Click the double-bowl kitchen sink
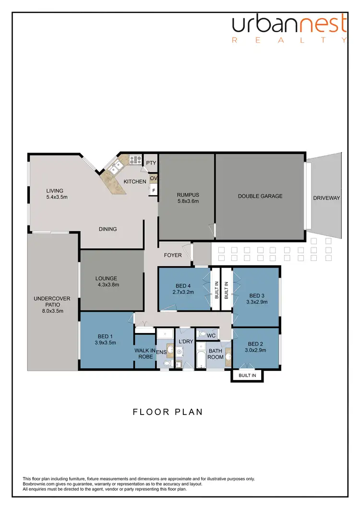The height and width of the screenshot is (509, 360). (115, 168)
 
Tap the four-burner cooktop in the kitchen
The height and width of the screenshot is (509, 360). (134, 159)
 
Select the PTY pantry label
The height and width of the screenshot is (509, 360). (151, 163)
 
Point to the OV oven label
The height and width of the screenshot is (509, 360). (154, 178)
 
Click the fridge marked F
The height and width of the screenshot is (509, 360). (154, 190)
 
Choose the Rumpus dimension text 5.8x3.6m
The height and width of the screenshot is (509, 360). (188, 201)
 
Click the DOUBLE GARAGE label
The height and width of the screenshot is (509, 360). (260, 196)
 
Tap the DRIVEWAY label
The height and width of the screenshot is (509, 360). (326, 198)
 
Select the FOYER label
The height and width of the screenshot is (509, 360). (173, 255)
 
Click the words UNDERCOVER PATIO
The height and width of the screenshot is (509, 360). (52, 302)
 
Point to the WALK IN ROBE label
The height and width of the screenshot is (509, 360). (144, 354)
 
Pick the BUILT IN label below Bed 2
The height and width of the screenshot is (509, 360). (247, 375)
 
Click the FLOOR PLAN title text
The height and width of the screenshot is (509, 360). (168, 412)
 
